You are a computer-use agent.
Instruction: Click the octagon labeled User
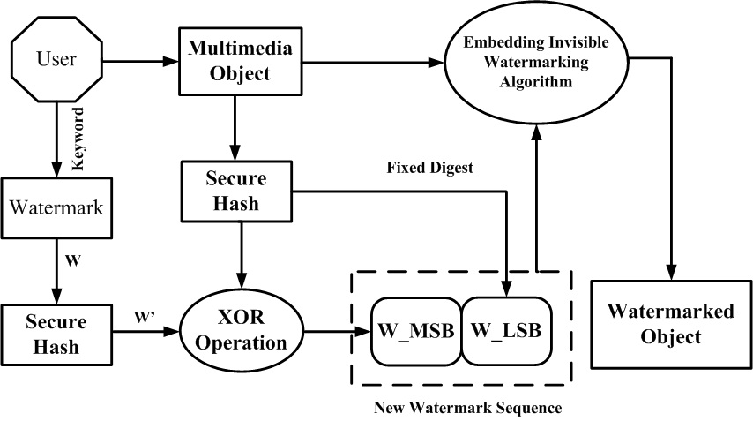[56, 60]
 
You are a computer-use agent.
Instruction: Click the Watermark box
[56, 209]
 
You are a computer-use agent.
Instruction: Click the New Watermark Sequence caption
[467, 408]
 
